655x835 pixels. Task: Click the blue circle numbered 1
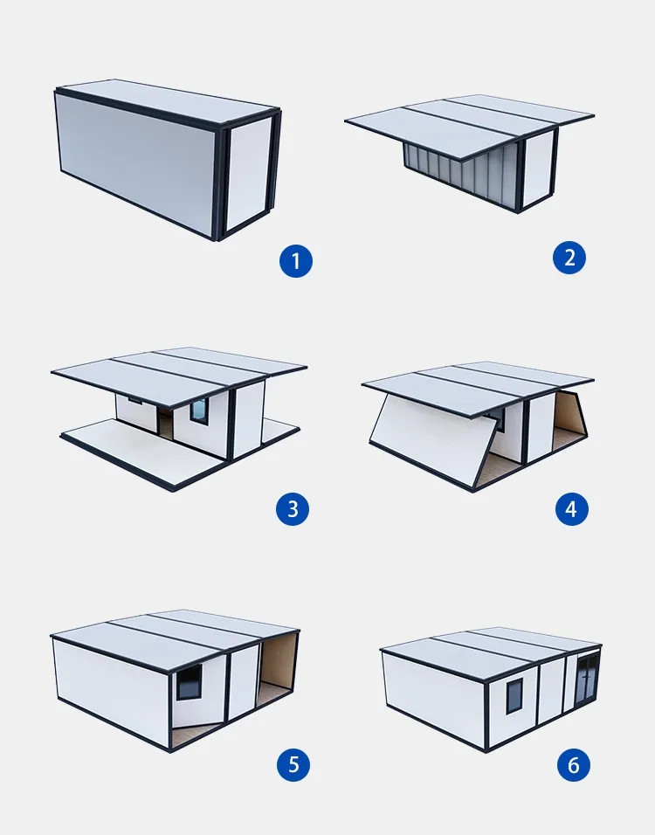pos(295,260)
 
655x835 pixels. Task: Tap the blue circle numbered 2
pos(569,258)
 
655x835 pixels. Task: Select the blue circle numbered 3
pos(293,509)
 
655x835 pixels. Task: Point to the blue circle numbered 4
pos(571,509)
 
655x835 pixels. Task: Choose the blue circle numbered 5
pos(293,765)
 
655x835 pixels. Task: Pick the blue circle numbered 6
pos(574,765)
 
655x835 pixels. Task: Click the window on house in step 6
pos(514,696)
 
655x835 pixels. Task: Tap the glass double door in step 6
pos(588,681)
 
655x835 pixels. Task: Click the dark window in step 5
pos(189,682)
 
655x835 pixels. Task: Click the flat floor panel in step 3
pos(141,452)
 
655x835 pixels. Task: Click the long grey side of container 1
pos(135,165)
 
